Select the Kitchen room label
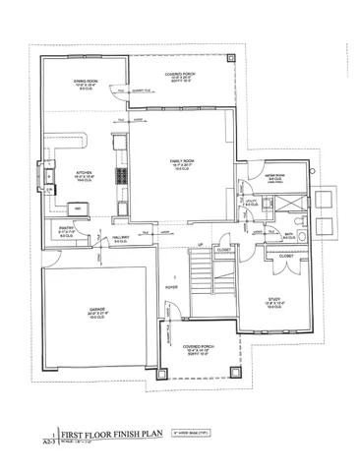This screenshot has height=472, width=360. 84,178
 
